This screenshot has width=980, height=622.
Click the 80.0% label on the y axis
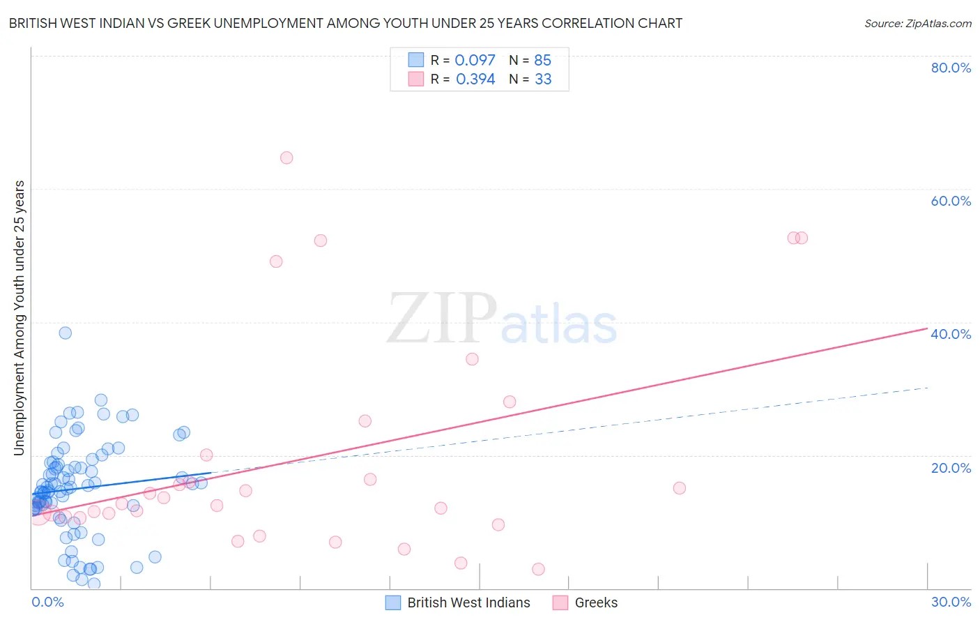tap(951, 68)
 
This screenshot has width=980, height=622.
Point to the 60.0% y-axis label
tap(951, 201)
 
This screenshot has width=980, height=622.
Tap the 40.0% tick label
tap(951, 334)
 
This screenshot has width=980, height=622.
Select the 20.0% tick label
tap(951, 468)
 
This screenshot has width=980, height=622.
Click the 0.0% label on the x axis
tap(47, 602)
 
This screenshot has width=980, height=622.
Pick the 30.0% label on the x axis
tap(951, 602)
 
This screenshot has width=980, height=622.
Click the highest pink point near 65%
tap(286, 158)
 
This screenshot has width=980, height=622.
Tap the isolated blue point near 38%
tap(65, 333)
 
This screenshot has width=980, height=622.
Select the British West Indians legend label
tap(468, 602)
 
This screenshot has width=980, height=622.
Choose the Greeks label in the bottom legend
tap(596, 602)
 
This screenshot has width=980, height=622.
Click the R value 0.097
tap(475, 61)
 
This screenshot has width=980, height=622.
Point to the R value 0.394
tap(475, 79)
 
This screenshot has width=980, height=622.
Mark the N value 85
tap(542, 61)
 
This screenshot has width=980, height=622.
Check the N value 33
tap(543, 79)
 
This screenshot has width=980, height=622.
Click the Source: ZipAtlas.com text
tap(917, 24)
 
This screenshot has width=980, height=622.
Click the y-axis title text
tap(20, 318)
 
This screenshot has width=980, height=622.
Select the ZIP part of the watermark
tap(442, 319)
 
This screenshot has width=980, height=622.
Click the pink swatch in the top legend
tap(416, 79)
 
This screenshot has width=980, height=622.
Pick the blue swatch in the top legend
tap(416, 60)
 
